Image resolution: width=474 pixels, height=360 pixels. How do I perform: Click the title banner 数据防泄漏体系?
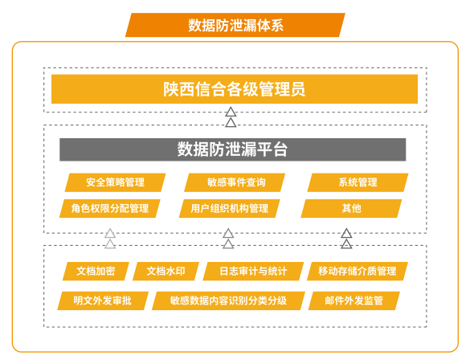235,25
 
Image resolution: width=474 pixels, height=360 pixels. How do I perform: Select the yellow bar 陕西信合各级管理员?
235,89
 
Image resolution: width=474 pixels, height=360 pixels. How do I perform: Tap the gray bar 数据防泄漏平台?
232,149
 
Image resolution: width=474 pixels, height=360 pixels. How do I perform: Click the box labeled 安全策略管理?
115,182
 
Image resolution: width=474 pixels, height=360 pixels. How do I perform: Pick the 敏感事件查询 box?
235,182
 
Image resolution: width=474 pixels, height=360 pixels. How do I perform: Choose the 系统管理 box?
358,182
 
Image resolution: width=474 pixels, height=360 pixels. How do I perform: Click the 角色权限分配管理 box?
110,208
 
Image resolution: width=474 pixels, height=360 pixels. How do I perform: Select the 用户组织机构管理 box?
230,208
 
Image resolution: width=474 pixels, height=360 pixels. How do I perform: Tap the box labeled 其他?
351,208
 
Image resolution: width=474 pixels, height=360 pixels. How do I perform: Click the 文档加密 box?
96,271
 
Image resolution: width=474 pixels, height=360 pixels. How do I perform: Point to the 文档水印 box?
166,271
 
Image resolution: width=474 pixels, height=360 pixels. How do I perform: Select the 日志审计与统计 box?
253,271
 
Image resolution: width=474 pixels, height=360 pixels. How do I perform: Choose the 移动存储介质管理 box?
358,271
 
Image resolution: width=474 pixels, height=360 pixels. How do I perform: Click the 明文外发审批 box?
103,301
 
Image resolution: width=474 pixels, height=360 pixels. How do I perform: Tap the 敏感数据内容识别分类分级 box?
228,301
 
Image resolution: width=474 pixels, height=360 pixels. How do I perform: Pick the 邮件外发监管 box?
354,301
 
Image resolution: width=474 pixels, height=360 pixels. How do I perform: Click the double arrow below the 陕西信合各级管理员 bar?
231,117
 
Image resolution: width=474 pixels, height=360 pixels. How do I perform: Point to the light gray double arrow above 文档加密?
110,239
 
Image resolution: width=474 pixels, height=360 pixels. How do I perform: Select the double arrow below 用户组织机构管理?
228,239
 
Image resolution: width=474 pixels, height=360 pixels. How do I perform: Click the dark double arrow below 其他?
346,239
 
